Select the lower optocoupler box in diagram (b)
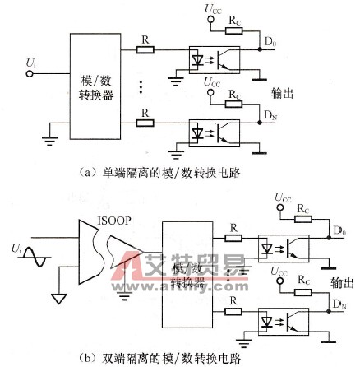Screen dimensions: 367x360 (x=279, y=319)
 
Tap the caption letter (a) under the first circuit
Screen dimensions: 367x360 (x=84, y=172)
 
